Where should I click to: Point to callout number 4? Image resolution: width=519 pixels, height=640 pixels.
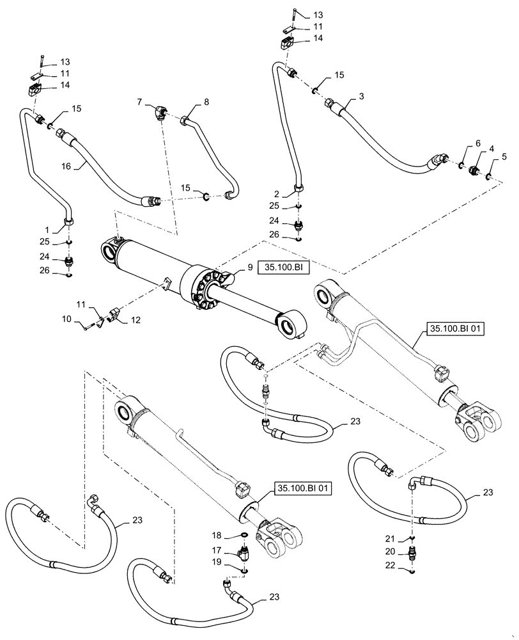tap(491, 148)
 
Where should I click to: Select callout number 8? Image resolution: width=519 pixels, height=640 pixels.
tap(206, 102)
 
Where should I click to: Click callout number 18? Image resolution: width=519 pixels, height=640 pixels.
tap(217, 534)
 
